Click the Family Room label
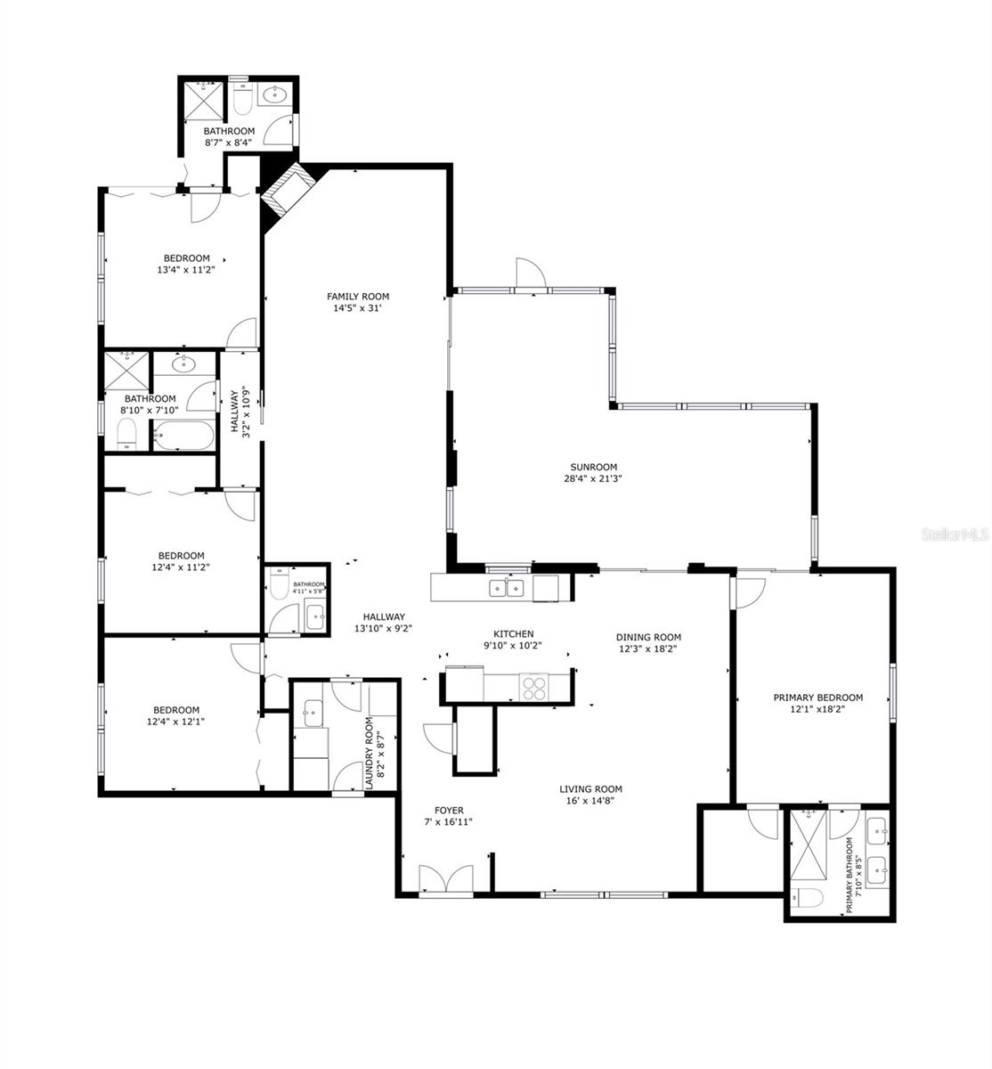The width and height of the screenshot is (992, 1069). tap(357, 297)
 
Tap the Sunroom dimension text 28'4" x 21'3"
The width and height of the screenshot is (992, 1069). tap(593, 478)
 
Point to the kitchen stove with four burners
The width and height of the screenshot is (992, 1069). tap(534, 688)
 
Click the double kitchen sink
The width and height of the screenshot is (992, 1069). tap(506, 587)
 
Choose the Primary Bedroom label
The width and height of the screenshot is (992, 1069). tap(817, 698)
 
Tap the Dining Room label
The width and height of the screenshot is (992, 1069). tap(648, 637)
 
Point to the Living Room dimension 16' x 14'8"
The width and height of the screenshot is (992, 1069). tap(590, 800)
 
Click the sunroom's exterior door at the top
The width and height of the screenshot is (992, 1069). tap(528, 275)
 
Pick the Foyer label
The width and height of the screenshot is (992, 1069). tap(449, 810)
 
